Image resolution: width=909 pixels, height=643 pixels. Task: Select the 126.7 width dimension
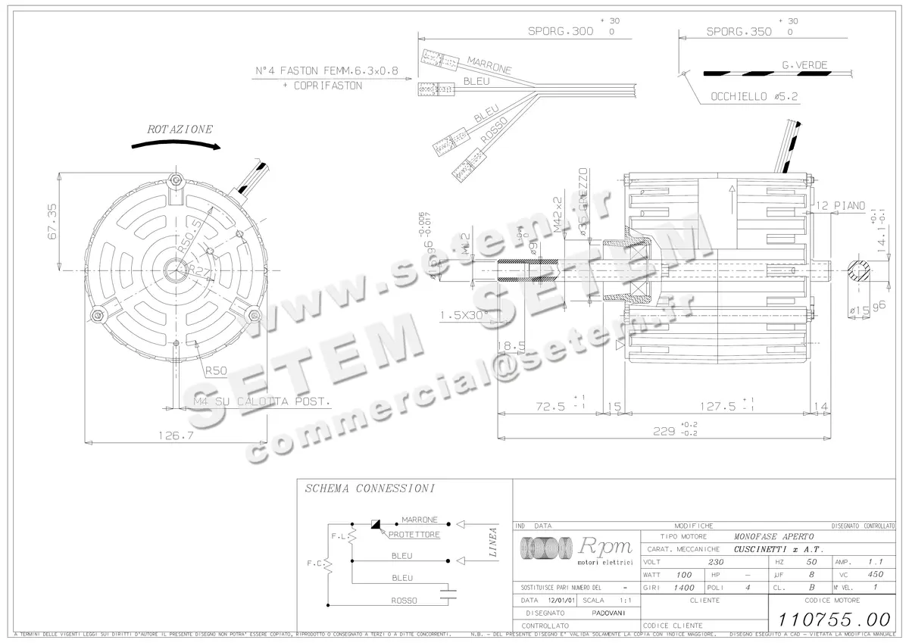(175, 435)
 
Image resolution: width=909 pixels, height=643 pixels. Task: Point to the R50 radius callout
(215, 370)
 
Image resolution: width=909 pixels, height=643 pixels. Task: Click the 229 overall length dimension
(664, 431)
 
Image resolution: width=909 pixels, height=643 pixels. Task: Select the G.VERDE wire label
(804, 65)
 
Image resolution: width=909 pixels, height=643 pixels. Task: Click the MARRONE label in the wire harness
(489, 65)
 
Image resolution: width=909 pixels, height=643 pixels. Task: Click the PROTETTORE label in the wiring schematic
(414, 535)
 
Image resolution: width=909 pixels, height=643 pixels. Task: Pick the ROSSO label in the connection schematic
(404, 601)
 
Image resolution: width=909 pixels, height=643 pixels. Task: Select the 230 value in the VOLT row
(714, 562)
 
